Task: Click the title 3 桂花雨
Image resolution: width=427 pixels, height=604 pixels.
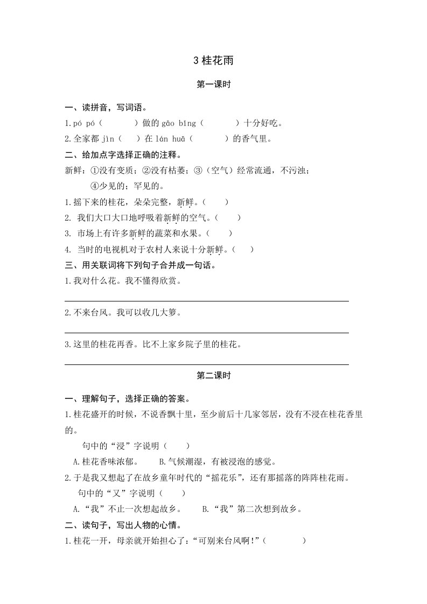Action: pos(213,61)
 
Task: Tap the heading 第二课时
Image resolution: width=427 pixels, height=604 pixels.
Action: pos(213,376)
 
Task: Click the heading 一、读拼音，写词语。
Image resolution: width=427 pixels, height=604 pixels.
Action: pos(106,108)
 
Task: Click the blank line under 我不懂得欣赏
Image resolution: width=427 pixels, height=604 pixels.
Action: pos(206,301)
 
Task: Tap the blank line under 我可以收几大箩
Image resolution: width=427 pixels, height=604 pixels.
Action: pos(206,333)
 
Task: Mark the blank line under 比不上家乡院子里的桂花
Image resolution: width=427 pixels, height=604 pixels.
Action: pos(206,364)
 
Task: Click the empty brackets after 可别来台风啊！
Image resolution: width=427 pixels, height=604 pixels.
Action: pos(285,540)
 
